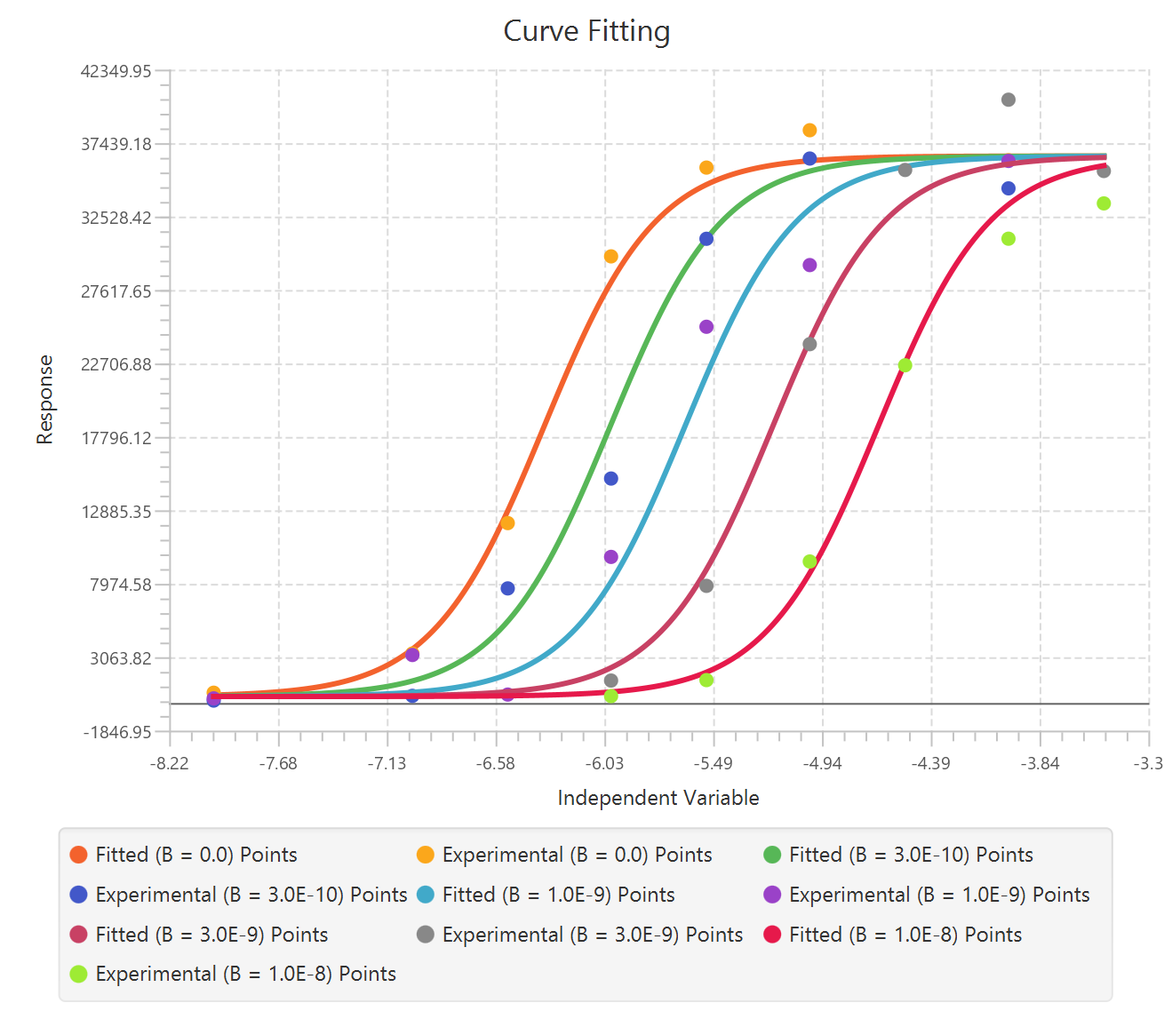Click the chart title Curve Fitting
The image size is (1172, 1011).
pyautogui.click(x=586, y=31)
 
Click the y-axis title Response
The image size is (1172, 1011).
pyautogui.click(x=44, y=400)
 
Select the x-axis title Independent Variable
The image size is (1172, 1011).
pyautogui.click(x=658, y=798)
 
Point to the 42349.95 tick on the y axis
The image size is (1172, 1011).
pyautogui.click(x=116, y=71)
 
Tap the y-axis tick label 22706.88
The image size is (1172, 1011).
pyautogui.click(x=116, y=364)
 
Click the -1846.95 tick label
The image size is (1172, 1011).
pyautogui.click(x=117, y=732)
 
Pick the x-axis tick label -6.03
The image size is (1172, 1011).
pyautogui.click(x=604, y=763)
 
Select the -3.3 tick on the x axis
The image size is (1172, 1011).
pyautogui.click(x=1149, y=763)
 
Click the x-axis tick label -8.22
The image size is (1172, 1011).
pyautogui.click(x=169, y=763)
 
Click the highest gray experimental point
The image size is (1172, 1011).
pyautogui.click(x=1008, y=100)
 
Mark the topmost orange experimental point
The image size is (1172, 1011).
pyautogui.click(x=809, y=131)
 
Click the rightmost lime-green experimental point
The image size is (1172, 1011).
pyautogui.click(x=1104, y=203)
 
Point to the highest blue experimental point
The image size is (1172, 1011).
pyautogui.click(x=809, y=158)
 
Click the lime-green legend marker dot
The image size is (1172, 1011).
pyautogui.click(x=78, y=974)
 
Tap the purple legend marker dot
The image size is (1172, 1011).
pyautogui.click(x=772, y=895)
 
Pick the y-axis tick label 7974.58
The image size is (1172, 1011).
pyautogui.click(x=120, y=585)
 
